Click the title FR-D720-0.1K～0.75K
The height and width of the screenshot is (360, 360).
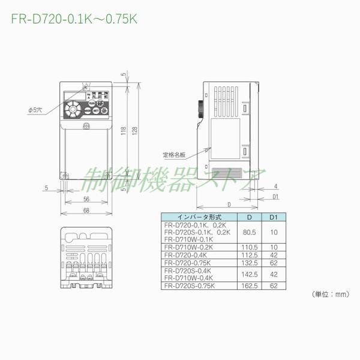(x=74, y=19)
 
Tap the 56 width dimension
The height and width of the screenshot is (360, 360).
(x=86, y=199)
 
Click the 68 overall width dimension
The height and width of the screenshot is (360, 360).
(x=86, y=210)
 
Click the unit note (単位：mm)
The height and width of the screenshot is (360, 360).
(x=331, y=295)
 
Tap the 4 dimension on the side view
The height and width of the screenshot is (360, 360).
(x=274, y=186)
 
